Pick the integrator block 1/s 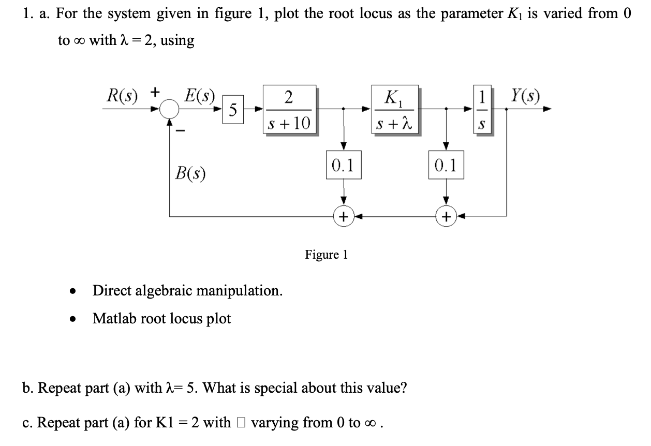482,110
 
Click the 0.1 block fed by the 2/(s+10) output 343,165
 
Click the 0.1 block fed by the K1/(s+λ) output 446,165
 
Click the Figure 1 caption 326,255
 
